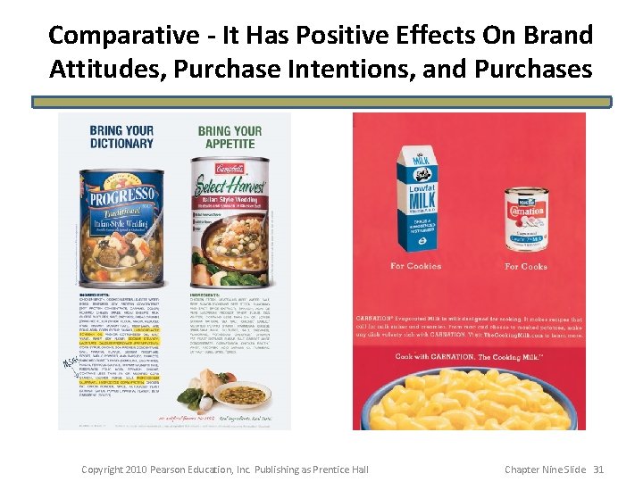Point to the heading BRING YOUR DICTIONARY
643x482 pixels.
[x=121, y=136]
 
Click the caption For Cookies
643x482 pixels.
[x=415, y=266]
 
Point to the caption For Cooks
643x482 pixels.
[x=525, y=266]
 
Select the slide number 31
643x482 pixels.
[x=598, y=470]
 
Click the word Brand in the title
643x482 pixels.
[x=560, y=36]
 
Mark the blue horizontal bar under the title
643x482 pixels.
[x=321, y=103]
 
